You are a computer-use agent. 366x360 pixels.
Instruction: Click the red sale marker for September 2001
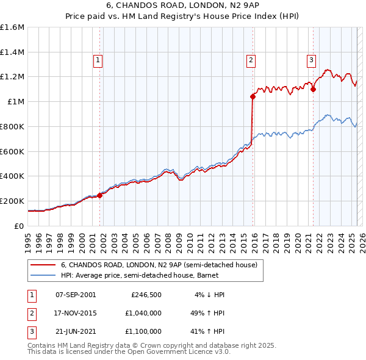99,195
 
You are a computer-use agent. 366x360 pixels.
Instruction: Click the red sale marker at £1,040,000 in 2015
253,96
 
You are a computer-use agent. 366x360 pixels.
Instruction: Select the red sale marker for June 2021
313,89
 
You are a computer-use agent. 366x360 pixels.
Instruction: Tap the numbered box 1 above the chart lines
98,60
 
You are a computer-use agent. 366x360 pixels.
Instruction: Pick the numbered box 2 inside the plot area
251,60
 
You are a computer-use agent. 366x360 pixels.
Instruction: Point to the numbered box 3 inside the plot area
311,60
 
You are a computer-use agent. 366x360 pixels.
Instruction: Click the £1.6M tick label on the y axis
12,27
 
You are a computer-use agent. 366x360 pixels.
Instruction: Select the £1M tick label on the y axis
16,102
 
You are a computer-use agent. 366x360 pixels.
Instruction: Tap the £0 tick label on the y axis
20,226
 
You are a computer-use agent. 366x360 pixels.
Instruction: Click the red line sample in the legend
43,265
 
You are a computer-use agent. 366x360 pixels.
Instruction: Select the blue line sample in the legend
43,275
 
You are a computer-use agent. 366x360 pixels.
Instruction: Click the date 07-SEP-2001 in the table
75,295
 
